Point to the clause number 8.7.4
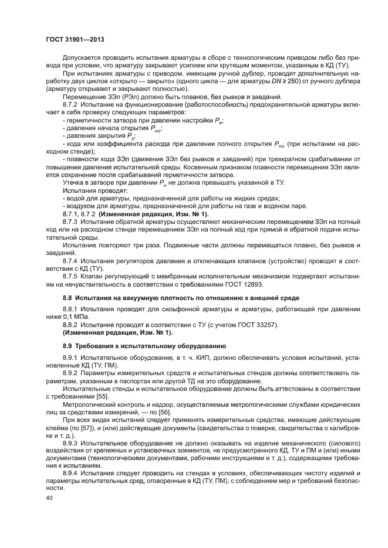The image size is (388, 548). coord(70,259)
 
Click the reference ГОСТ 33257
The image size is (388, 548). coord(256,325)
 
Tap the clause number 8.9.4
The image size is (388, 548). coord(70,473)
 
